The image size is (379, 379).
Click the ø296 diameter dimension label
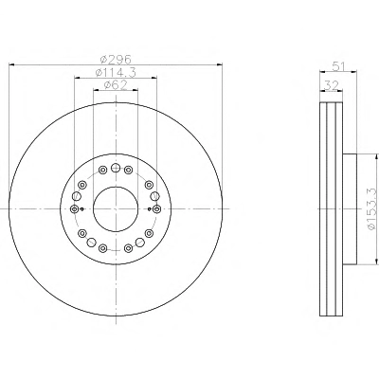point(116,59)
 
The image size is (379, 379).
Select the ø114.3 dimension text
point(116,72)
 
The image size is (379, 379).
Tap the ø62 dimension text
point(116,84)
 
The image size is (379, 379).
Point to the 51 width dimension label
point(338,66)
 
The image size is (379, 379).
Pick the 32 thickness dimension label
point(332,85)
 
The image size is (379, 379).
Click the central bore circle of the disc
point(116,208)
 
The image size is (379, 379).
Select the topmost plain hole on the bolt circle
point(116,168)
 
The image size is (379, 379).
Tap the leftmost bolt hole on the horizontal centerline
point(74,208)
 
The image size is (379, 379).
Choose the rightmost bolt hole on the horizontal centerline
point(157,208)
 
